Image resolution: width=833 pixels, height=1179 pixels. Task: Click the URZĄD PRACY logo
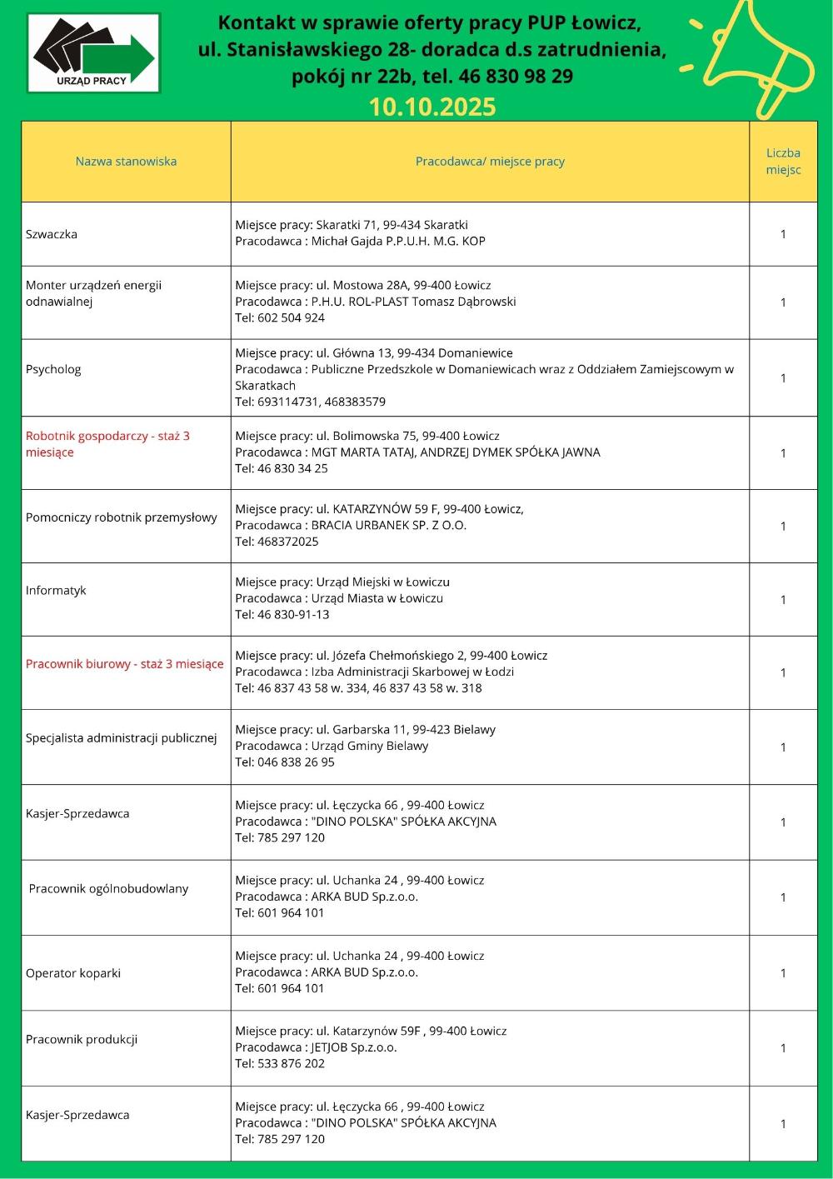93,52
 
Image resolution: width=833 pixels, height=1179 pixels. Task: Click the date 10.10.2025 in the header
431,107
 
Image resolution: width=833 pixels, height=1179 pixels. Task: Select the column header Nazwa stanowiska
126,161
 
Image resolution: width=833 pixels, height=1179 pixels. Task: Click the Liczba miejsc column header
783,161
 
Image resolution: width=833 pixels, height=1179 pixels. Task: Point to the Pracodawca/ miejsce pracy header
490,161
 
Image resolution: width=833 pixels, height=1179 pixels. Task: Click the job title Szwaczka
52,234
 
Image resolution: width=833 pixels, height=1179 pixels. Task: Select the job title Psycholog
53,369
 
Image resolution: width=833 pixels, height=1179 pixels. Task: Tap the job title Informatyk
56,590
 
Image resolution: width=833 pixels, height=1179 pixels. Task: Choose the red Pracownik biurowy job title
124,664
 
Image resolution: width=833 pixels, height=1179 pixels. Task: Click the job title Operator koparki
73,972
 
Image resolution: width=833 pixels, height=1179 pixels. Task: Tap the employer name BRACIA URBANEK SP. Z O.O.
388,525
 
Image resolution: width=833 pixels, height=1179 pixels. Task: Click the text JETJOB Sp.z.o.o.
353,1047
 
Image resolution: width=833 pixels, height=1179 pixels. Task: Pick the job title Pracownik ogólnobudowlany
108,888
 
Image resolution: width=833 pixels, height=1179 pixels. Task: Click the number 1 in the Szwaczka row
783,234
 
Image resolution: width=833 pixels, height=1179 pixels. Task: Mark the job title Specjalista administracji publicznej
122,737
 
